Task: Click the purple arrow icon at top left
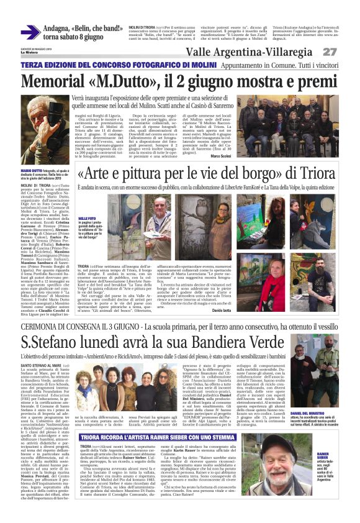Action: tap(29, 32)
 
